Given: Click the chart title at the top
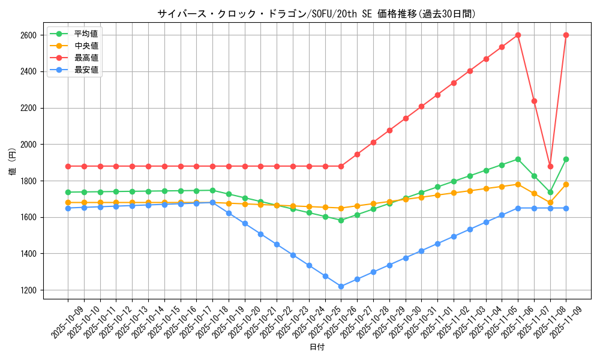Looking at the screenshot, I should point(317,14).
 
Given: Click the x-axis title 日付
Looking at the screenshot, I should point(317,347).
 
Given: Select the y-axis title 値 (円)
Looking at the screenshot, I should point(12,162).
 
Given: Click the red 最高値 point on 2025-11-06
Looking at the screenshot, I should point(518,35).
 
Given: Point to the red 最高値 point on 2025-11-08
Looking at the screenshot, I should point(550,166).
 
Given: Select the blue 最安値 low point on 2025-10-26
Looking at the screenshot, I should point(341,286).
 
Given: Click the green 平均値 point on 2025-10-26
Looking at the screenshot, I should point(341,220).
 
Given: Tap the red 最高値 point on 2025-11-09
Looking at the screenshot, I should point(566,35).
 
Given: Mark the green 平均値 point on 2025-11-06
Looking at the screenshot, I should point(518,159).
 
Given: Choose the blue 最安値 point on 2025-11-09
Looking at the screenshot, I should point(566,208).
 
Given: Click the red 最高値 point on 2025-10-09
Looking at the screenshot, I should point(68,166).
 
